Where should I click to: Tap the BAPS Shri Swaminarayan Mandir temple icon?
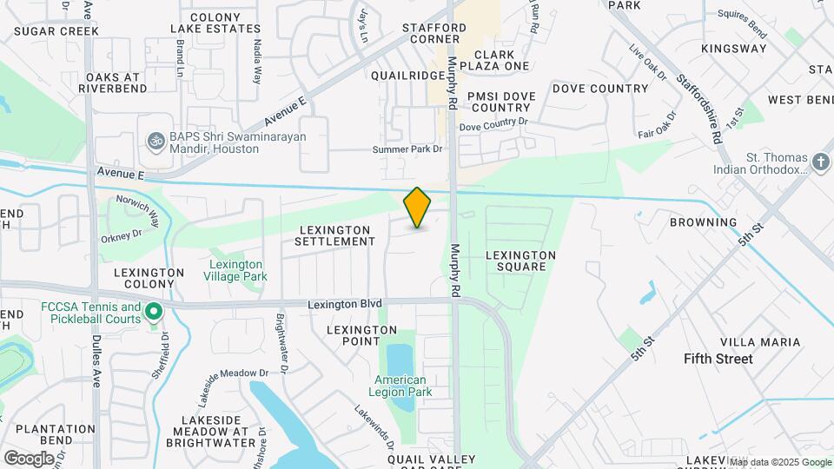point(156,139)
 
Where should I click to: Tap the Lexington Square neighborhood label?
point(520,261)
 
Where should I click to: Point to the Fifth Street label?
point(718,359)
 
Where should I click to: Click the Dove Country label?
point(600,89)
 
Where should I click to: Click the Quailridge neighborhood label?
point(407,76)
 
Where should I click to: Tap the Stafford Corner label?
point(434,33)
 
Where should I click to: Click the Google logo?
point(28,458)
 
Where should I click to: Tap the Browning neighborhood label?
point(703,222)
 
